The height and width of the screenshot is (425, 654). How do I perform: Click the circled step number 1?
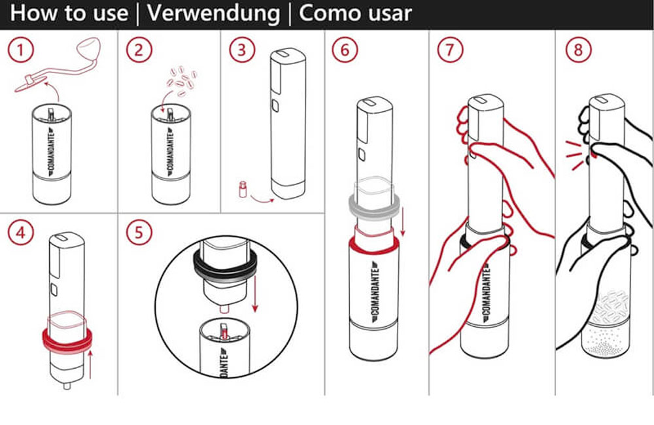pos(20,50)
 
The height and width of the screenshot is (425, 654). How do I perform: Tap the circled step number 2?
pos(139,50)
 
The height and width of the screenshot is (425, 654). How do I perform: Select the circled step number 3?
pos(242,50)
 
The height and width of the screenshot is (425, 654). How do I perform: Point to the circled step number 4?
pos(20,232)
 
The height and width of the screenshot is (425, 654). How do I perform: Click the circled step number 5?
pos(139,232)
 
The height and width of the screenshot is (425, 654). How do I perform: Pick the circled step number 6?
pos(345,50)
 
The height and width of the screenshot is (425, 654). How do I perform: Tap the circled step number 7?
pos(450,50)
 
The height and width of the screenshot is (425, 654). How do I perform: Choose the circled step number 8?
pos(578,50)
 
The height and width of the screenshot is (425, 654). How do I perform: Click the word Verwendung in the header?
pos(214,14)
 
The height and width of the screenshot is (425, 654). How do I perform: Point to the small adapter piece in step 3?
pos(241,190)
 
